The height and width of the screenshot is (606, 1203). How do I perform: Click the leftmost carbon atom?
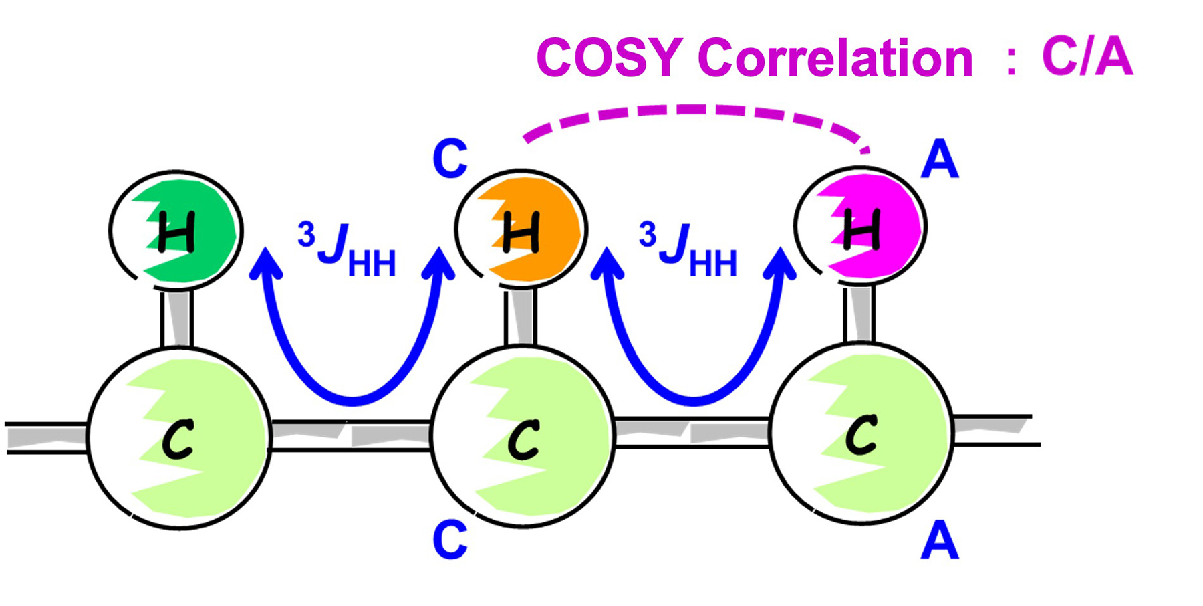pos(179,438)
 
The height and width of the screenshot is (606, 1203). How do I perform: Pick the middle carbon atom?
pos(523,438)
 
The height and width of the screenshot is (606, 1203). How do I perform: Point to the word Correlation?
pos(835,58)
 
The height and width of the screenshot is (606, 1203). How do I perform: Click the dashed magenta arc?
pos(695,109)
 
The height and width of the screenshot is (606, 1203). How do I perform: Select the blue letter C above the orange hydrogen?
pos(450,159)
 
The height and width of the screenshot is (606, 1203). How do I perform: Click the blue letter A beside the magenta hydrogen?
pos(940,161)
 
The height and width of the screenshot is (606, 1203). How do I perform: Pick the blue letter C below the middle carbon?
pos(450,540)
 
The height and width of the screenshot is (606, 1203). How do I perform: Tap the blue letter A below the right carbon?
pos(940,542)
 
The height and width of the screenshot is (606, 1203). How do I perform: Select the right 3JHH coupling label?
pos(688,251)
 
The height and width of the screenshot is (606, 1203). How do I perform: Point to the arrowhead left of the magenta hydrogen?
pos(780,262)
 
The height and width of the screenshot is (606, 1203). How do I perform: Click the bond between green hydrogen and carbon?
pos(176,318)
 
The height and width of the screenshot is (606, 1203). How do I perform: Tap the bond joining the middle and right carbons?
pos(692,433)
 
